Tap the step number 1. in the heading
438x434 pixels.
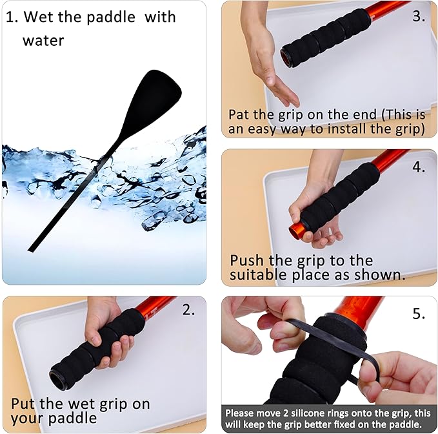[12, 17]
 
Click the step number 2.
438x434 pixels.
[188, 310]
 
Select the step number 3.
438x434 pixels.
[419, 16]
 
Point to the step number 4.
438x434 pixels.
[419, 167]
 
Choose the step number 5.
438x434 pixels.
[419, 314]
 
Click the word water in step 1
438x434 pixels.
[44, 41]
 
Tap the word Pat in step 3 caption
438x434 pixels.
[241, 114]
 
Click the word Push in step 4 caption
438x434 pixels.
[249, 261]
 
